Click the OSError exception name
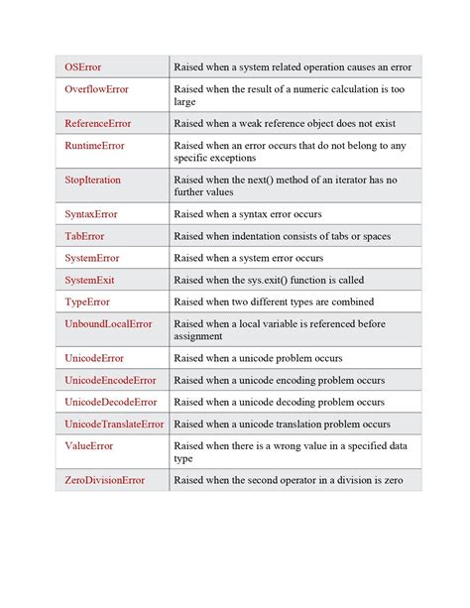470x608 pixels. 85,66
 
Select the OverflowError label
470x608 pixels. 96,89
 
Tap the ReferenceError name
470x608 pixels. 97,123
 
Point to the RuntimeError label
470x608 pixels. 94,146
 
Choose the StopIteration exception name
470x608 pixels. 92,180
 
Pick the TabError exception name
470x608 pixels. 84,236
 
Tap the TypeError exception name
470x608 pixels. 87,302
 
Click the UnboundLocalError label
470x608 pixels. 108,324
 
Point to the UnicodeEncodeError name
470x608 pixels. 110,380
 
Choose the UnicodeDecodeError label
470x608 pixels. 110,402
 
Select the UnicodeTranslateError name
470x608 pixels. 114,424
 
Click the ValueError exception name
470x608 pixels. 89,446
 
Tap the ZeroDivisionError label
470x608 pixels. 104,480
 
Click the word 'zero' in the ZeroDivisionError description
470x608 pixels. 392,480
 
